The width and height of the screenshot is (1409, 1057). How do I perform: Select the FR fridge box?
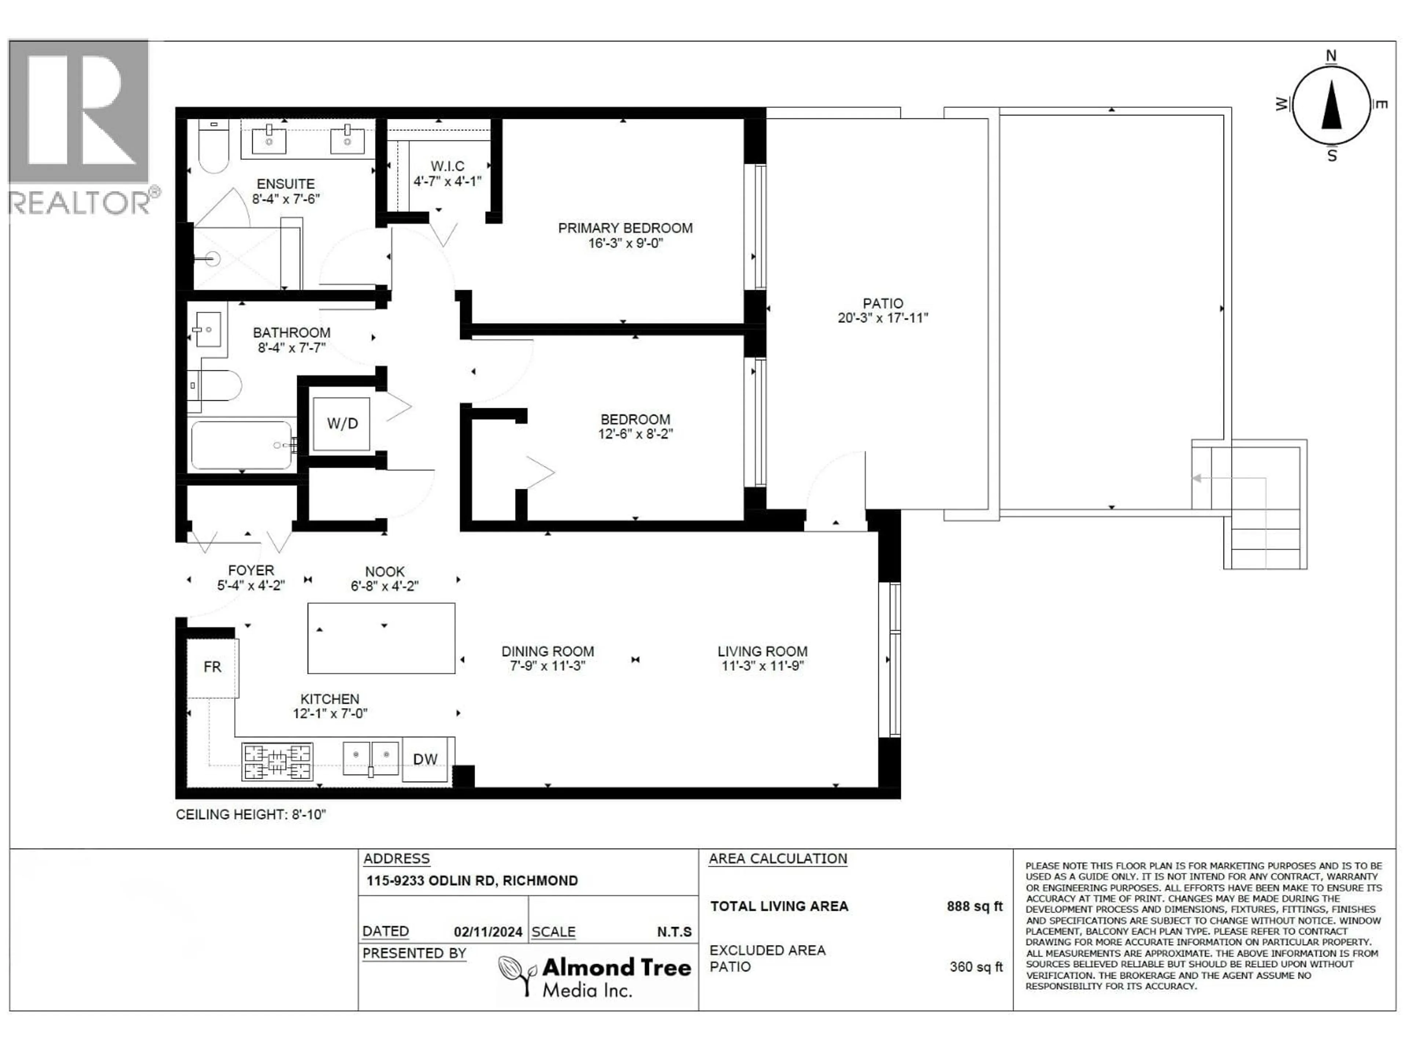[212, 667]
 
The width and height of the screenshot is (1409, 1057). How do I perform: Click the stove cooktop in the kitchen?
[277, 762]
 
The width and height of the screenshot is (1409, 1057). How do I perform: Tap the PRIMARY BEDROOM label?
[625, 228]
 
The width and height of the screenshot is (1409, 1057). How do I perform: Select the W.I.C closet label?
[447, 166]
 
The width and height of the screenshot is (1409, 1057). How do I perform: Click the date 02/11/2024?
[488, 931]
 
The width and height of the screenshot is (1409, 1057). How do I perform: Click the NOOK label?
[385, 571]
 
